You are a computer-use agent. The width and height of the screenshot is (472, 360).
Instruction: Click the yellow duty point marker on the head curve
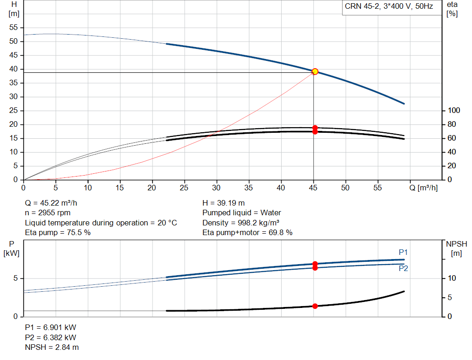click(x=315, y=71)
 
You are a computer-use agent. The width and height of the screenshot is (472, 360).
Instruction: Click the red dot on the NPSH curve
click(x=315, y=306)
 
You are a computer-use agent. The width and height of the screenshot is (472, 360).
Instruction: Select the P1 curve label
click(x=403, y=252)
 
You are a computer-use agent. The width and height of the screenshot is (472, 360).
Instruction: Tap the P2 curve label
click(x=403, y=268)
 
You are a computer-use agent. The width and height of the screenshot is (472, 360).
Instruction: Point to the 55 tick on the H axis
click(x=13, y=27)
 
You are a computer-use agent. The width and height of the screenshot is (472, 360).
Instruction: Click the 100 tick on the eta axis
click(x=454, y=111)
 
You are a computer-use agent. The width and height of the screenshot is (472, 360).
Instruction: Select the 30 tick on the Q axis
click(x=216, y=188)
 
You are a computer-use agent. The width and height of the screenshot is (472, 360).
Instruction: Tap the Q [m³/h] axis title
click(x=423, y=188)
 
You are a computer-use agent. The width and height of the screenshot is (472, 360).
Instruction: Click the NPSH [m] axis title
click(x=456, y=248)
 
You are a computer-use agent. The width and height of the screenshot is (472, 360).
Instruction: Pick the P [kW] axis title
click(x=12, y=248)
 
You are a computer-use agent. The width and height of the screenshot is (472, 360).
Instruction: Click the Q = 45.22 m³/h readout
click(x=51, y=203)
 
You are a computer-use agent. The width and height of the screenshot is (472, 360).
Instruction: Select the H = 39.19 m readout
click(x=224, y=203)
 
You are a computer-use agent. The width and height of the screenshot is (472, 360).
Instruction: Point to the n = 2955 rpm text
click(x=47, y=213)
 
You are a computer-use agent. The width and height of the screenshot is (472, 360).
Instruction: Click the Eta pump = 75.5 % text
click(x=58, y=233)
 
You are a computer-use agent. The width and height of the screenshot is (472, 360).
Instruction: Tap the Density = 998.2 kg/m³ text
click(x=241, y=223)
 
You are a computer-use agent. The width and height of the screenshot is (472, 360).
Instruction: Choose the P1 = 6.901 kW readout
click(x=51, y=327)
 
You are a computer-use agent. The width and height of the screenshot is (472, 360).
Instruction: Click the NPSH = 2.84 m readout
click(x=52, y=348)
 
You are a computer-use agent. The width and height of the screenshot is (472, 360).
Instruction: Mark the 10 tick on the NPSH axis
click(x=452, y=278)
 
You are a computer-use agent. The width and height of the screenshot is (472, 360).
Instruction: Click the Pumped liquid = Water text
click(x=242, y=213)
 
